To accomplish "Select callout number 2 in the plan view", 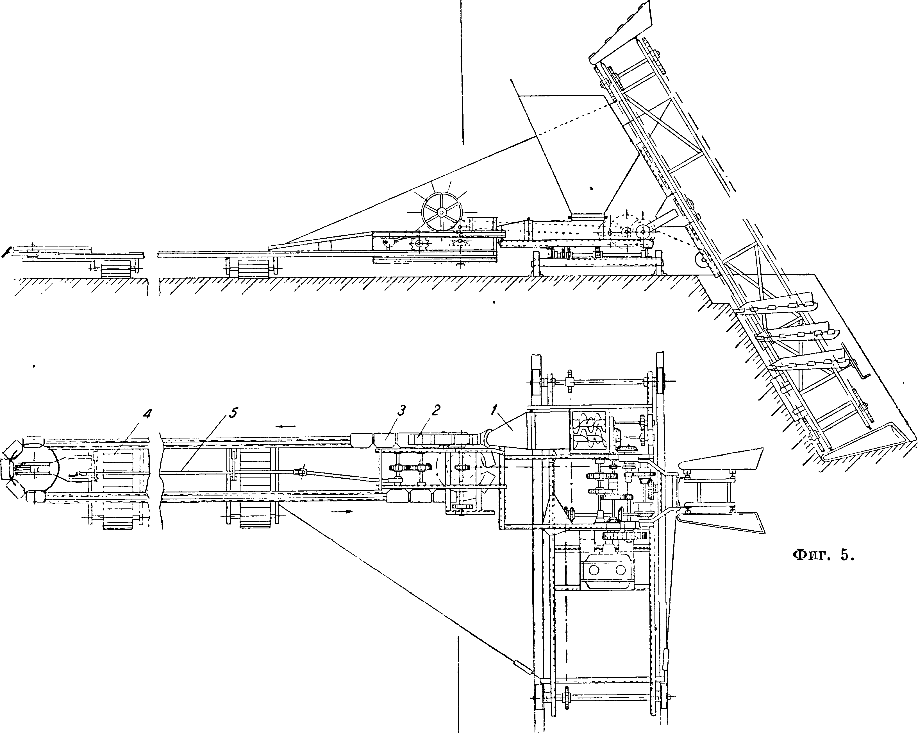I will tap(435, 410).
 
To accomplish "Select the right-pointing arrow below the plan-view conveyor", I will tap(342, 511).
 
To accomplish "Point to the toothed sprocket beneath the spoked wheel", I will tap(419, 244).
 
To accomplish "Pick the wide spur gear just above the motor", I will tap(625, 536).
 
